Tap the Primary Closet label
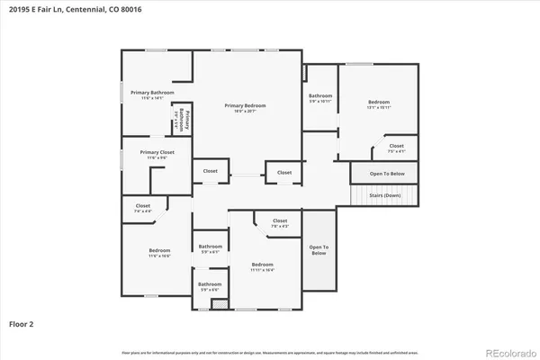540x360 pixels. [157, 153]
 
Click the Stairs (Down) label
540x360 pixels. [385, 194]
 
